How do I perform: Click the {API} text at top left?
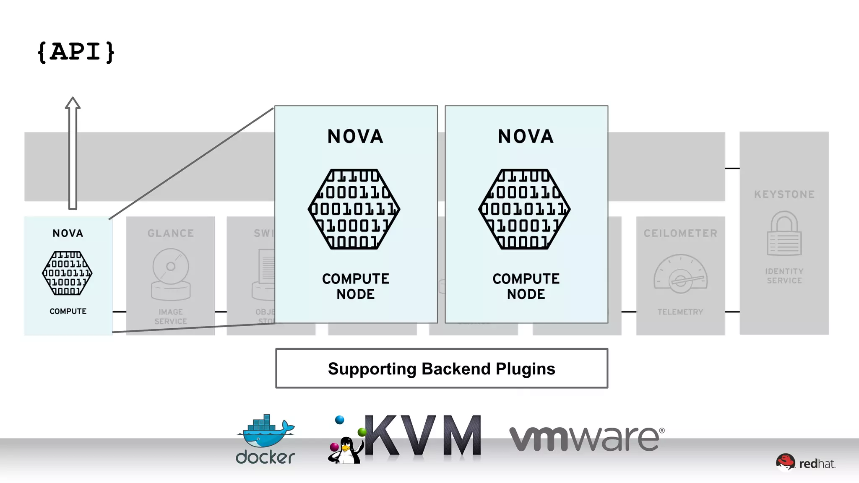click(x=75, y=52)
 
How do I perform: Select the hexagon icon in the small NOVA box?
click(x=67, y=273)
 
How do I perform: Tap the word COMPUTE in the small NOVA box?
click(x=68, y=311)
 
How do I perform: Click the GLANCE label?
click(x=171, y=233)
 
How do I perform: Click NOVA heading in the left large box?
click(x=355, y=137)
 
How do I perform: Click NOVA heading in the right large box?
click(x=526, y=137)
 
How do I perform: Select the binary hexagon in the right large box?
click(x=525, y=209)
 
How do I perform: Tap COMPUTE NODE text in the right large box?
click(x=526, y=286)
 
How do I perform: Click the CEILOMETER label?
click(x=680, y=233)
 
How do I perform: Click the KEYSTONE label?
click(x=784, y=194)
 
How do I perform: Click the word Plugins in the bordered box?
click(x=525, y=369)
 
